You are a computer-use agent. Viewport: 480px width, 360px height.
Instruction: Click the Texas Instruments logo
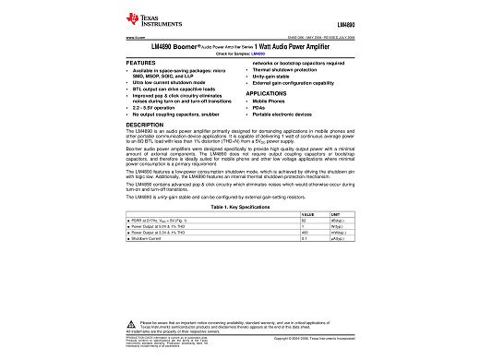click(x=145, y=20)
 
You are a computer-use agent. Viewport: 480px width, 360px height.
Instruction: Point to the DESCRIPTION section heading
click(x=144, y=124)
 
